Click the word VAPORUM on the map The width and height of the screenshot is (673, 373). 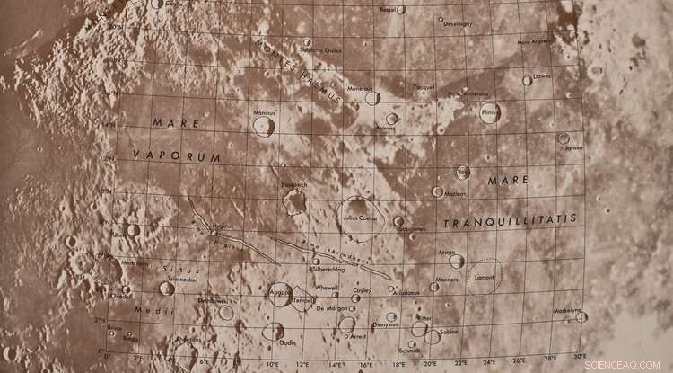click(164, 156)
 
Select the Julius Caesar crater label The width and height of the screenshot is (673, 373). click(360, 218)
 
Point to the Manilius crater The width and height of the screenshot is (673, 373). click(264, 127)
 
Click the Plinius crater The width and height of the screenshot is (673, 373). click(489, 114)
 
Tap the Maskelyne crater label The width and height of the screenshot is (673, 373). click(566, 310)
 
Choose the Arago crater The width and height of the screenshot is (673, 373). click(457, 262)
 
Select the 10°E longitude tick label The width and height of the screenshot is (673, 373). click(272, 364)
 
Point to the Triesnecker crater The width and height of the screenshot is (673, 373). click(167, 289)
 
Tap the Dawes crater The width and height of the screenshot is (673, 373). click(528, 80)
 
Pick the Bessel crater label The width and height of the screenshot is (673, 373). click(388, 10)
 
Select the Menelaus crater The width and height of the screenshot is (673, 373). click(372, 98)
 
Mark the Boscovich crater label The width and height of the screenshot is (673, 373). click(293, 184)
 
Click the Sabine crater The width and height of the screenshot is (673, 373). click(433, 336)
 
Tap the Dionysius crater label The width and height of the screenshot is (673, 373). click(385, 325)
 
